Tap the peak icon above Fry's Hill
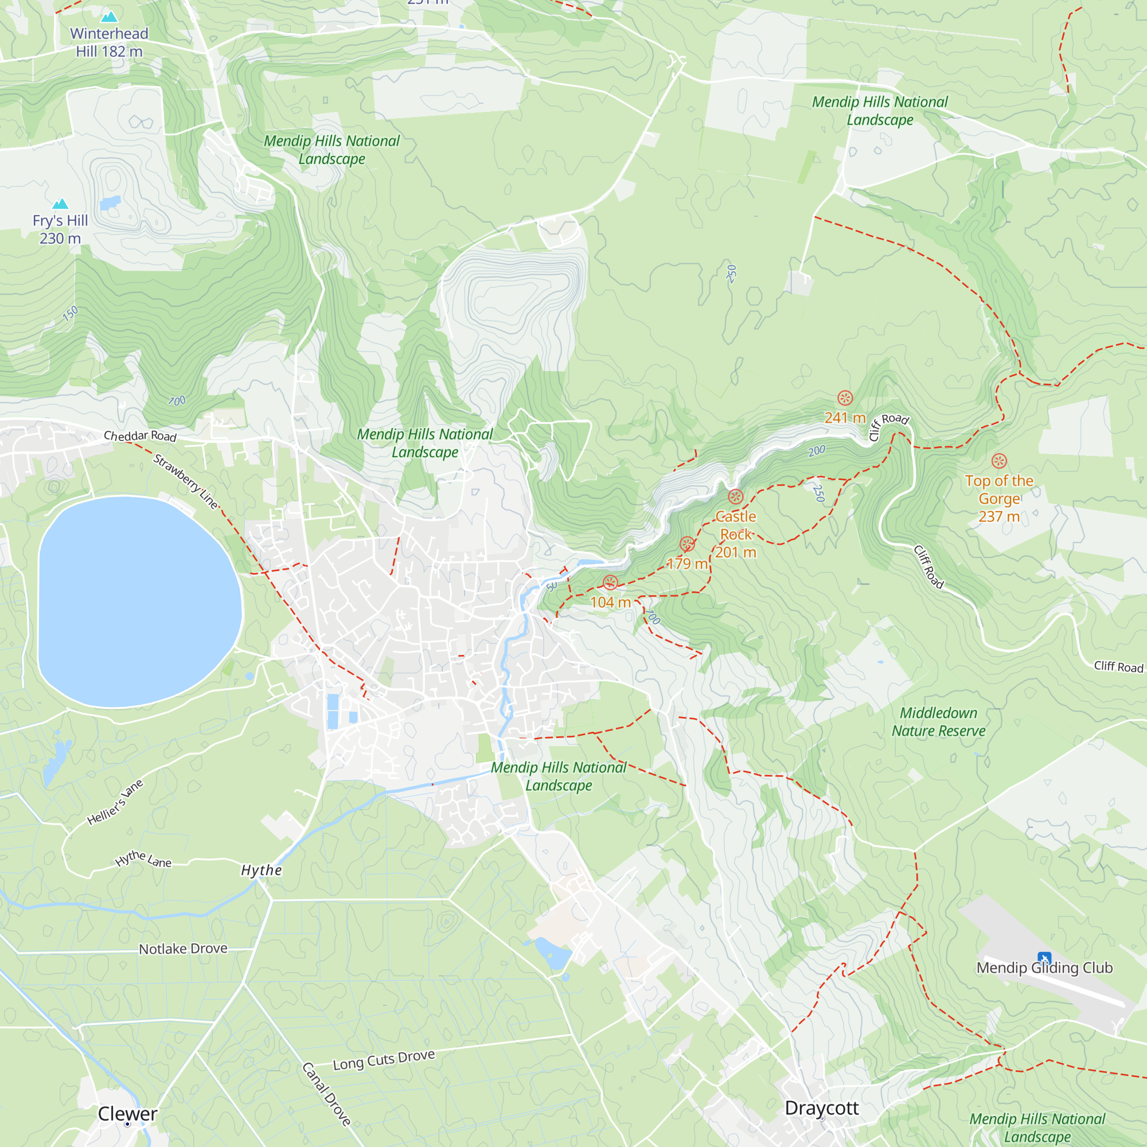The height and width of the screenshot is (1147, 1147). (60, 204)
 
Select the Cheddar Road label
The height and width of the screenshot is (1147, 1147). (140, 436)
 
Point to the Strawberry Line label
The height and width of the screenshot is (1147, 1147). (186, 482)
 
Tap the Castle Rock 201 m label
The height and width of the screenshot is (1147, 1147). (736, 535)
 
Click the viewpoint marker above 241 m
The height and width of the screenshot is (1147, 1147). (845, 398)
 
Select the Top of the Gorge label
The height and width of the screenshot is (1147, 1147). (999, 498)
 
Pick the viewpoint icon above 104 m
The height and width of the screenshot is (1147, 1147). (610, 583)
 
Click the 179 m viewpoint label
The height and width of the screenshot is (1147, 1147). (687, 563)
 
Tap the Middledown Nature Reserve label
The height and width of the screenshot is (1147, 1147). (938, 721)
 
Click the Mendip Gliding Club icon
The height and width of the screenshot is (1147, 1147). (1044, 958)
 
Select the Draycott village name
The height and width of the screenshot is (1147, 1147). (822, 1108)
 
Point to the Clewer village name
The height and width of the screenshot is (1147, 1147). (128, 1114)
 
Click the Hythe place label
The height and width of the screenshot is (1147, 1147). (261, 870)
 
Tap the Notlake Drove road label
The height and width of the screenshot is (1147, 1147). (183, 949)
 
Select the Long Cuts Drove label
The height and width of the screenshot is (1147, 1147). (384, 1060)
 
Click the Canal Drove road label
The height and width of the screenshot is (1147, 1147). (326, 1094)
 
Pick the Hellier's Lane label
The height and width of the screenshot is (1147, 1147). (115, 802)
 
